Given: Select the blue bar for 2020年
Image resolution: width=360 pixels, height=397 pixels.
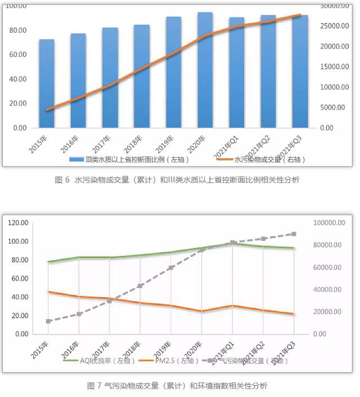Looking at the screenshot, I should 205,70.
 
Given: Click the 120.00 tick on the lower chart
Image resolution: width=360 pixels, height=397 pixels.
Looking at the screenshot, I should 19,223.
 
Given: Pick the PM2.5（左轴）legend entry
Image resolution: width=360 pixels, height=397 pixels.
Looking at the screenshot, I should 172,360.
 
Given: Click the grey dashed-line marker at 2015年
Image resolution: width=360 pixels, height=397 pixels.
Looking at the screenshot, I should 49,322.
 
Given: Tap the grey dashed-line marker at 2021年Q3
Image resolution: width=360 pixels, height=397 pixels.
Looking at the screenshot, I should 294,234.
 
